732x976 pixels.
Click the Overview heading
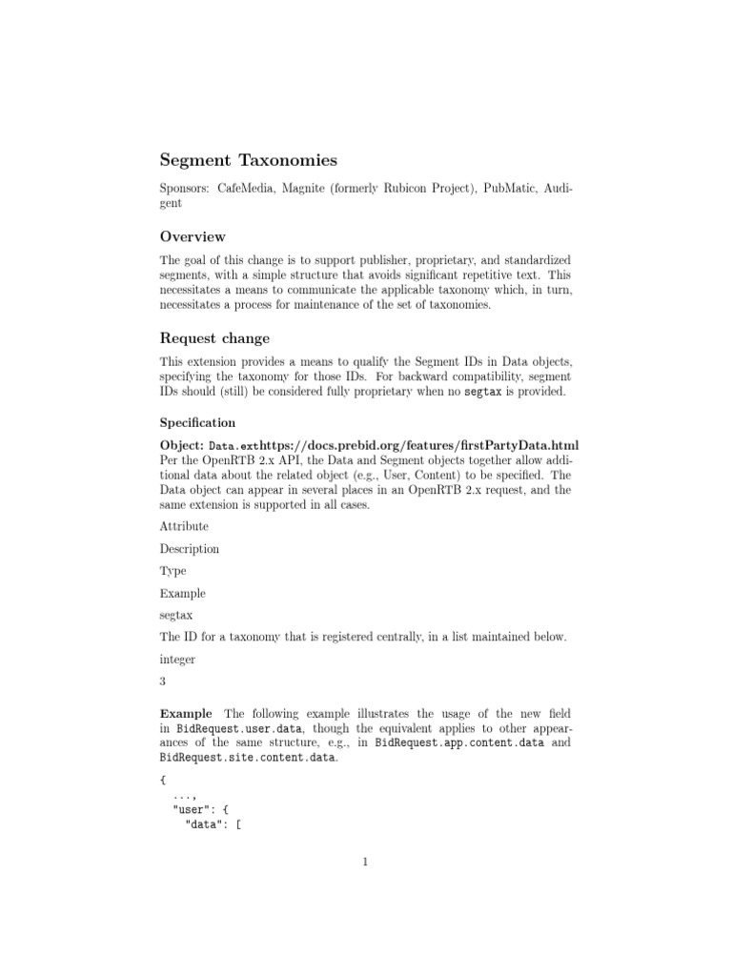coord(193,236)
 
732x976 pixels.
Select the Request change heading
coord(214,338)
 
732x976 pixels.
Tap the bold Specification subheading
coord(198,421)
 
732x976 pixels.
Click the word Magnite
coord(305,189)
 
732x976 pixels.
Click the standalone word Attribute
coord(184,526)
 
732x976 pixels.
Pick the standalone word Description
coord(190,549)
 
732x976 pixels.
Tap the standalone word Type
coord(173,571)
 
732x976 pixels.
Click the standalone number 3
coord(163,682)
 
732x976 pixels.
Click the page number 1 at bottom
coord(365,864)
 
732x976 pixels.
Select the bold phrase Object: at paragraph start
coord(182,446)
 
